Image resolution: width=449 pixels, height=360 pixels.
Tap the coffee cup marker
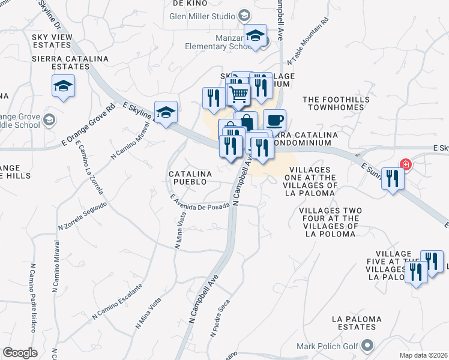click(x=274, y=120)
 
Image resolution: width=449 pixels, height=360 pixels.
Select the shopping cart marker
click(x=238, y=94)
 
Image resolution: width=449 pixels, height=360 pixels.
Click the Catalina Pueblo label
click(x=190, y=178)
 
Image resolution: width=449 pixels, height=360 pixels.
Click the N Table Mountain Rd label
click(x=309, y=41)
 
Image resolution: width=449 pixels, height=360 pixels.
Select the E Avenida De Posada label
click(x=199, y=203)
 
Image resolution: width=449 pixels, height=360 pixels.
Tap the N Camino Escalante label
click(x=117, y=302)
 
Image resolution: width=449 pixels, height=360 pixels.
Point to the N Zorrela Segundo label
click(x=82, y=216)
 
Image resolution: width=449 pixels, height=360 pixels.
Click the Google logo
click(x=20, y=352)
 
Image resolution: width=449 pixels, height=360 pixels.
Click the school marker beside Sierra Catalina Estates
click(x=63, y=86)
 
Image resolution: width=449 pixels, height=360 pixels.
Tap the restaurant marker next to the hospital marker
click(x=393, y=178)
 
